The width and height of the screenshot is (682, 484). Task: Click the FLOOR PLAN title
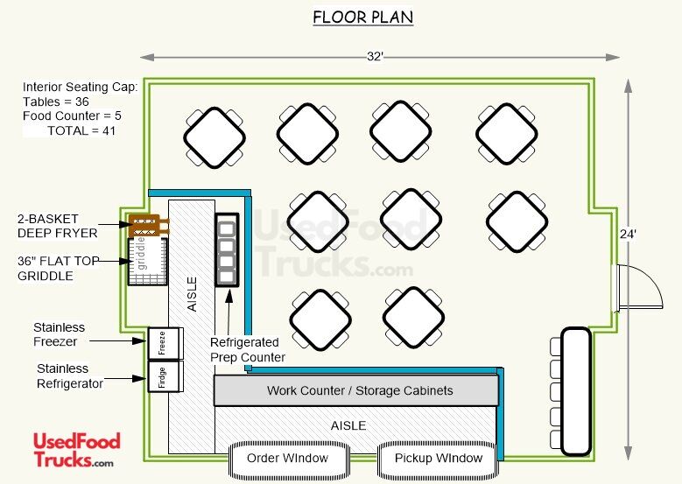tap(362, 18)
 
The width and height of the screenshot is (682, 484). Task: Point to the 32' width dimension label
tap(375, 57)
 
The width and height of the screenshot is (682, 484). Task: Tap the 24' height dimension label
tap(628, 234)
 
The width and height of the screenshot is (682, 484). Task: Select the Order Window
tap(288, 459)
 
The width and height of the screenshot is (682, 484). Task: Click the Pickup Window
tap(438, 459)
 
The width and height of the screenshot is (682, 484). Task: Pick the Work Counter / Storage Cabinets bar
tap(356, 390)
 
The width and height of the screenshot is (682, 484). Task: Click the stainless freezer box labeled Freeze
tap(165, 344)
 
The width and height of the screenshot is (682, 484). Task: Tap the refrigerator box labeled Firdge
tap(165, 376)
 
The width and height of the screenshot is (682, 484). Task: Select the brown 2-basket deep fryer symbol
tap(148, 225)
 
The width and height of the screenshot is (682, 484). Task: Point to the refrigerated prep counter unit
tap(227, 249)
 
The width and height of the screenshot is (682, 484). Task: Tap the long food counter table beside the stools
tap(576, 391)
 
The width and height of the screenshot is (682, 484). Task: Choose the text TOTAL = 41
tap(81, 130)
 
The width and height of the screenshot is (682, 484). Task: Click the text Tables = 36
tap(56, 102)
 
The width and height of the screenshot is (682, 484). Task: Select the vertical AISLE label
tap(192, 294)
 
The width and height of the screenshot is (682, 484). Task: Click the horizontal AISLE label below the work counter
tap(348, 425)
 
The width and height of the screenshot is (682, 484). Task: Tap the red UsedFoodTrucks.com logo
tap(76, 450)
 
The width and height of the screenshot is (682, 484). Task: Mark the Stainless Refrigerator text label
tap(70, 376)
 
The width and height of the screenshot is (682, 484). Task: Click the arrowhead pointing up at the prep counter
tap(229, 297)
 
